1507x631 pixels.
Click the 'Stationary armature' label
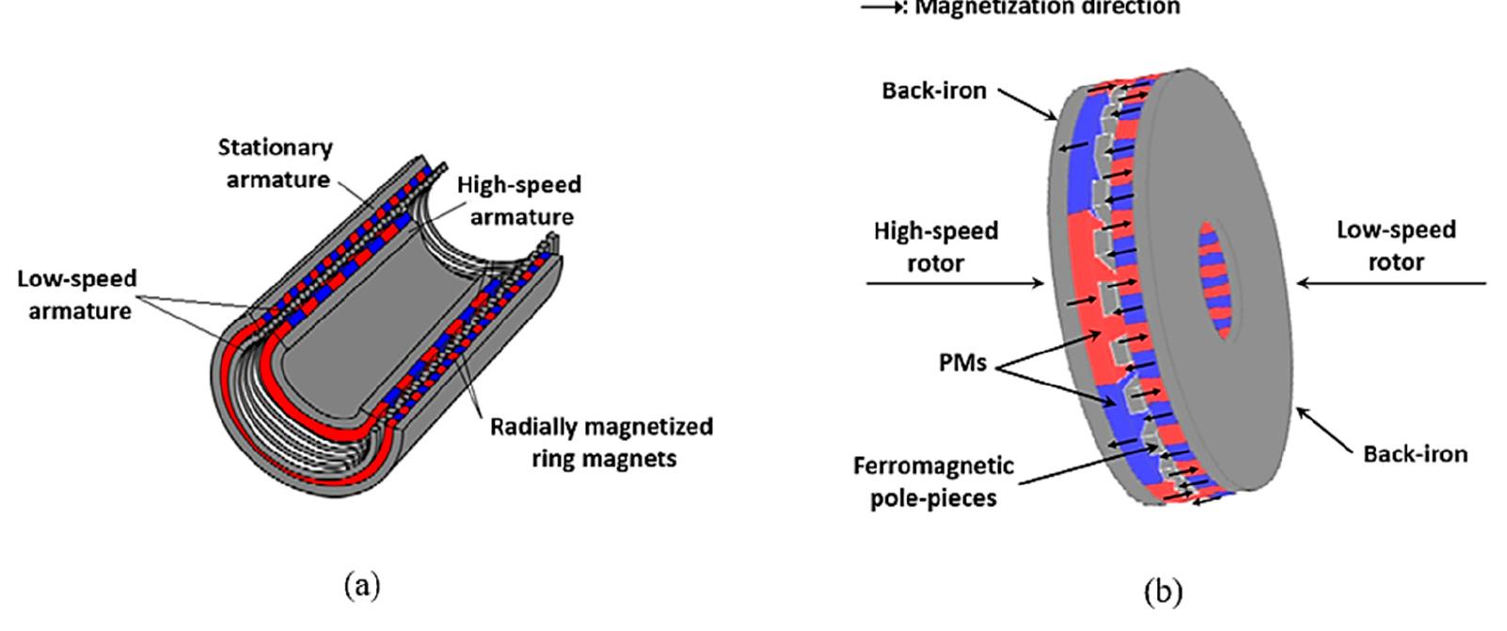(x=275, y=163)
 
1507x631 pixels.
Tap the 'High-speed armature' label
(x=519, y=199)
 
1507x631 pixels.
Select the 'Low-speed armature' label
(x=78, y=294)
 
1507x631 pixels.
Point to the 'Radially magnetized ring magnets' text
(x=600, y=442)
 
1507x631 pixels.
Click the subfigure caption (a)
(x=362, y=587)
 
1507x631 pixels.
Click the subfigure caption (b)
(x=1163, y=592)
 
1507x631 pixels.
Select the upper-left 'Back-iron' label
(x=933, y=90)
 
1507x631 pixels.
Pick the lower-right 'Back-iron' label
(x=1414, y=454)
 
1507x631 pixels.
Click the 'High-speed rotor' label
(x=935, y=246)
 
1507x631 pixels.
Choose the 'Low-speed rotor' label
(x=1395, y=245)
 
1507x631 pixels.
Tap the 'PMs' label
(x=961, y=362)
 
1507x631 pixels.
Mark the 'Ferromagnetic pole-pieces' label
(x=933, y=481)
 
